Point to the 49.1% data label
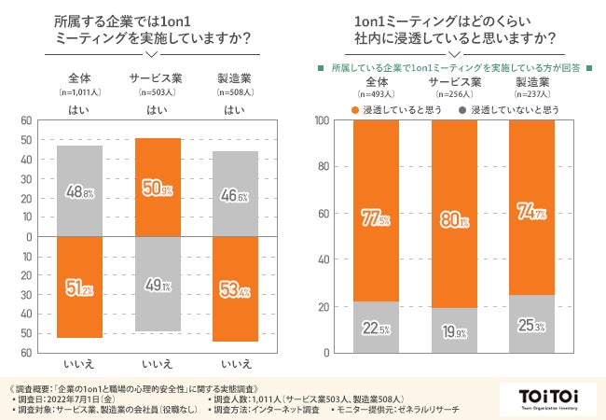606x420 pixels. click(158, 287)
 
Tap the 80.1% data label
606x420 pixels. click(454, 221)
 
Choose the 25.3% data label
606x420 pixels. click(532, 325)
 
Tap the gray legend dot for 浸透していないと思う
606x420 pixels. click(462, 110)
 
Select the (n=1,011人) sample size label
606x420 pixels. click(79, 92)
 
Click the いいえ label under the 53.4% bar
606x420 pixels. click(236, 363)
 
